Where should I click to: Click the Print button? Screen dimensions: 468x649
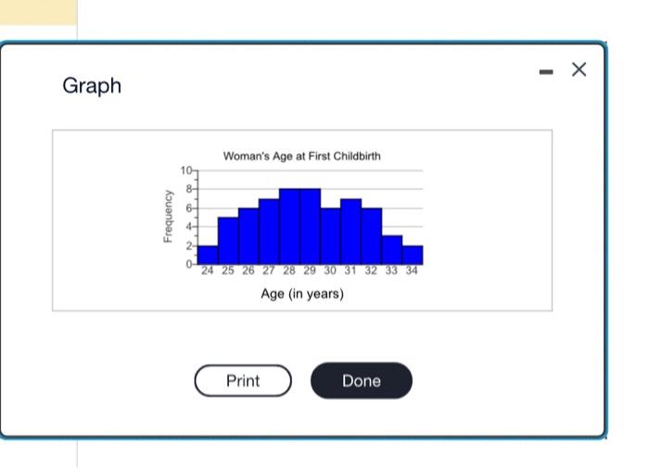243,381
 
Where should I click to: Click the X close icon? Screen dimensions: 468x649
579,70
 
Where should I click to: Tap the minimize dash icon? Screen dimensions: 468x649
549,70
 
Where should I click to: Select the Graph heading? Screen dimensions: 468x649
92,85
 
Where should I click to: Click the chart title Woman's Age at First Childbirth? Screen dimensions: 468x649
301,156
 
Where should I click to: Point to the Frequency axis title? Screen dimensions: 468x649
168,217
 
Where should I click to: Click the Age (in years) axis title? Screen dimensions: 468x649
302,294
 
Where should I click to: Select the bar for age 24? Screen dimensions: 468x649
208,255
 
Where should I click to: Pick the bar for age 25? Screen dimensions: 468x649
228,241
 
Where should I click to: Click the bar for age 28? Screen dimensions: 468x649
289,227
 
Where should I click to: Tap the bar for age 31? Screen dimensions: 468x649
350,232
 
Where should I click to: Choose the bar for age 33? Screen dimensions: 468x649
392,250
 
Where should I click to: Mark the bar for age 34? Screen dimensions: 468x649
413,255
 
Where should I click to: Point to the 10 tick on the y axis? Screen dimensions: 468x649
186,171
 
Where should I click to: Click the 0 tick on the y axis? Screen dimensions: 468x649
189,265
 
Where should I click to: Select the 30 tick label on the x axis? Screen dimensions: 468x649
330,272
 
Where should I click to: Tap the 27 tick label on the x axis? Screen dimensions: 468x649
269,272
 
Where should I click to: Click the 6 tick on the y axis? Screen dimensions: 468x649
189,209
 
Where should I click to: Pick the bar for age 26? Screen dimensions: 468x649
248,236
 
